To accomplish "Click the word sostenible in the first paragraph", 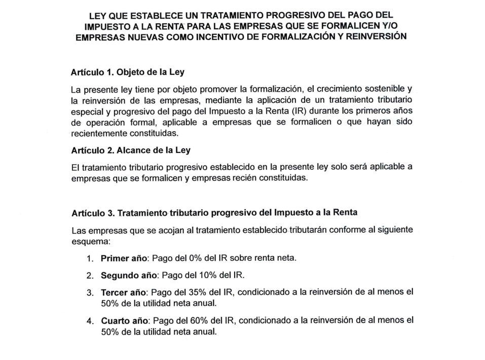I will click(385, 90).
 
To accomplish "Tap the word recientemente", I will click(99, 133).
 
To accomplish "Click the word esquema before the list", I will click(87, 241).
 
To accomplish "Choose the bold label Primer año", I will click(124, 258).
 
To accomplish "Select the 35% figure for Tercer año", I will click(194, 292).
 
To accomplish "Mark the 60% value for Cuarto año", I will click(196, 321).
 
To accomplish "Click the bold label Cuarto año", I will click(124, 321).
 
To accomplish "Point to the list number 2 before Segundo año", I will click(89, 276).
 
